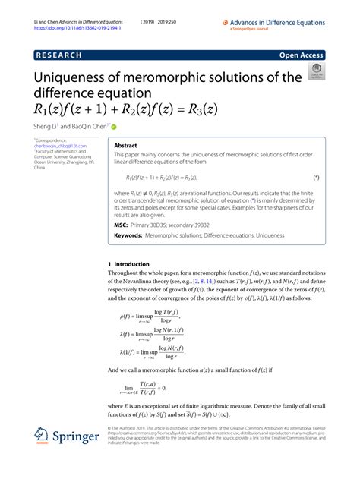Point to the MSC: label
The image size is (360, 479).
tap(122, 225)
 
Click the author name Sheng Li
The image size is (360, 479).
tap(46, 126)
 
